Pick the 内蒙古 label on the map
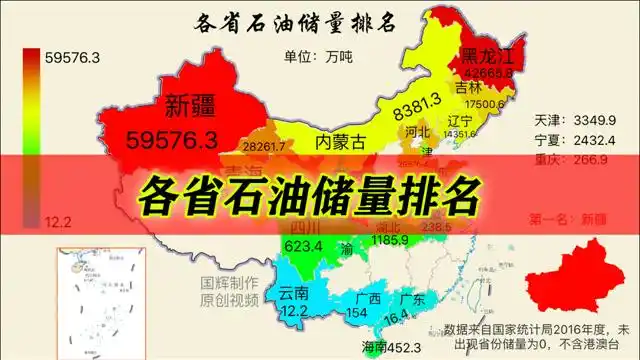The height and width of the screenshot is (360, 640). (340, 141)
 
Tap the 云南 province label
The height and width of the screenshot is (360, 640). (294, 293)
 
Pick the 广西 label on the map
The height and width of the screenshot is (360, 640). (368, 299)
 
